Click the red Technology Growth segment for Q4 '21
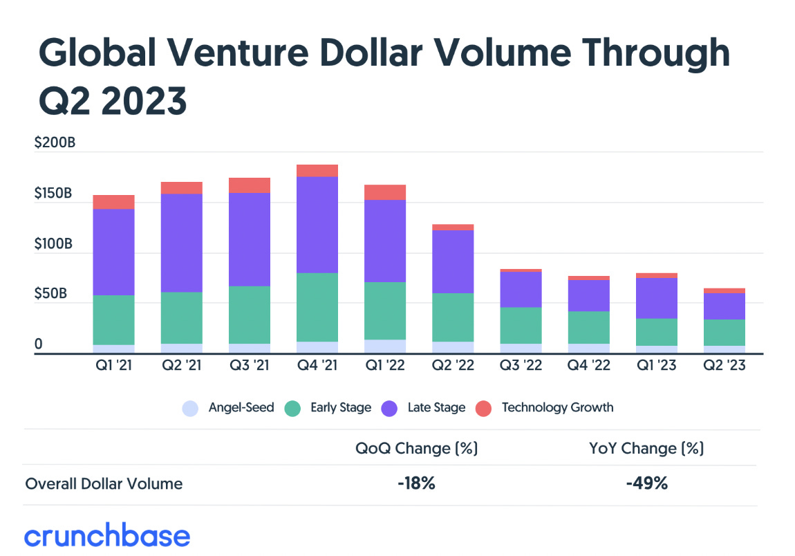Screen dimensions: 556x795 317,171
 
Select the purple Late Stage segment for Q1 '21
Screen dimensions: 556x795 113,252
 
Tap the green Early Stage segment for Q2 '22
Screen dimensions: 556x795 453,317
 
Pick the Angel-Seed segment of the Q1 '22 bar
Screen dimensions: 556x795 385,346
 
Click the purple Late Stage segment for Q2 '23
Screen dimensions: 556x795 724,306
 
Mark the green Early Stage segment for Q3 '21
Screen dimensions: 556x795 250,315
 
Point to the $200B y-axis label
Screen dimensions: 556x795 54,144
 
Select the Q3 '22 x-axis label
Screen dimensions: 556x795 521,365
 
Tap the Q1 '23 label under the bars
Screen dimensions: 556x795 657,365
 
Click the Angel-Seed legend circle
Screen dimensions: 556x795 191,408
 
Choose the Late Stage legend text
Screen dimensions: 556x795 436,408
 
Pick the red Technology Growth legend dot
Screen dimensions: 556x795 484,408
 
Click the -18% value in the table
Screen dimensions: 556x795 416,483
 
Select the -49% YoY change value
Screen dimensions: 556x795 646,483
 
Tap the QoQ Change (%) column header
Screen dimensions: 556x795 416,448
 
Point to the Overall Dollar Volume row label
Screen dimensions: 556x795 104,483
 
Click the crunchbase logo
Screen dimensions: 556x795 107,536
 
